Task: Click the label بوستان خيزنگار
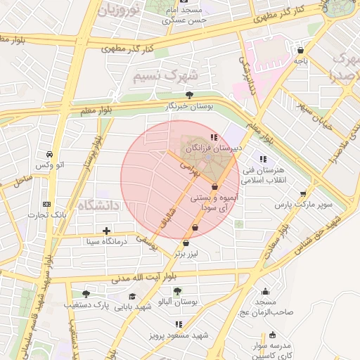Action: point(188,106)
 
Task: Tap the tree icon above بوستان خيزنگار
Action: point(188,95)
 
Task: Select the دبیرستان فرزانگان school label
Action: point(214,149)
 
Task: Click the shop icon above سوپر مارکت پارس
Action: point(303,194)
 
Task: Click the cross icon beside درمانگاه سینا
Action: point(106,231)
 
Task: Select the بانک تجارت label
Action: point(47,215)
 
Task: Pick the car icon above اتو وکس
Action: point(48,154)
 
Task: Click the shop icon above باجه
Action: point(301,51)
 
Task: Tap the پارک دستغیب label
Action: point(109,307)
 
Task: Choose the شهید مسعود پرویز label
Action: point(179,335)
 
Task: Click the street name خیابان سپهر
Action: point(312,109)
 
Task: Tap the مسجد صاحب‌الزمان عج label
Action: point(262,307)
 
